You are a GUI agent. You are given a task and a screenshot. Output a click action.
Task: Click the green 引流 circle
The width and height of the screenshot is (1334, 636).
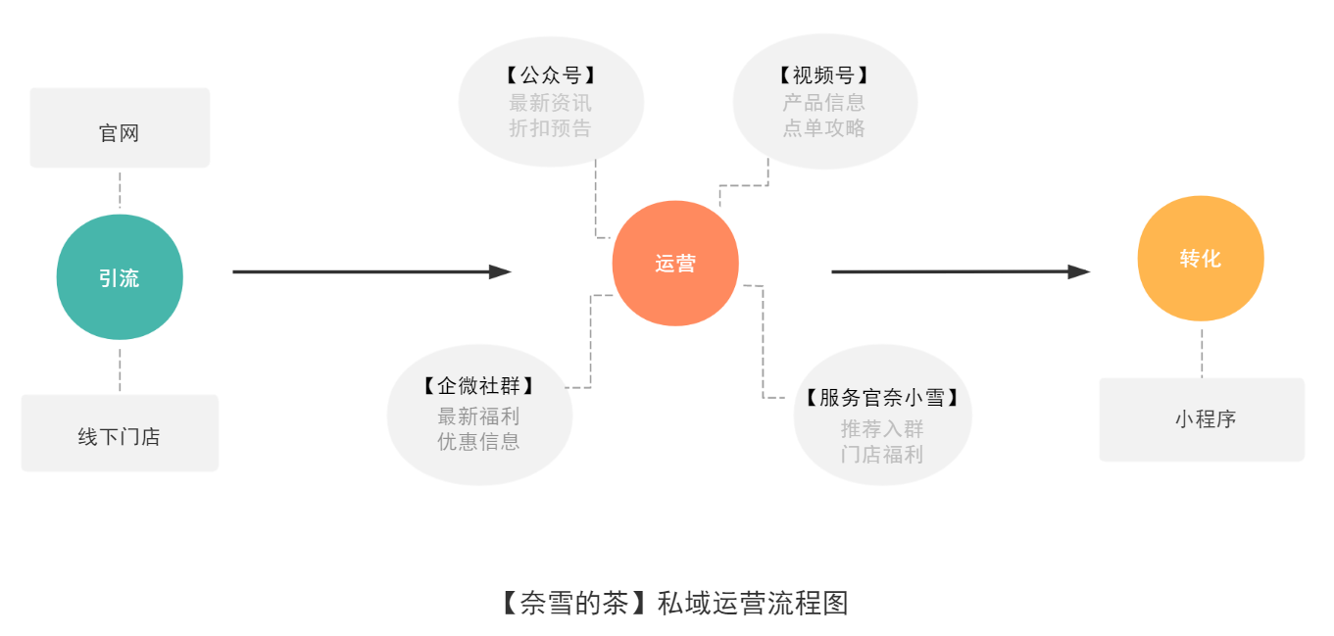[x=120, y=277]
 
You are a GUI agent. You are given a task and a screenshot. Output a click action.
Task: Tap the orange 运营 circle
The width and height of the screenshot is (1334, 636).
[x=675, y=264]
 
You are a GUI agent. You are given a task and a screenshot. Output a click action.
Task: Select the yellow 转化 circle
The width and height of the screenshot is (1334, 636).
[x=1201, y=259]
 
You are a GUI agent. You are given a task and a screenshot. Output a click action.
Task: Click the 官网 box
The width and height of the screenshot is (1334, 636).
[x=120, y=128]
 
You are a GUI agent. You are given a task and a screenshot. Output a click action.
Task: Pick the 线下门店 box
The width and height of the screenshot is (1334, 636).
[x=120, y=433]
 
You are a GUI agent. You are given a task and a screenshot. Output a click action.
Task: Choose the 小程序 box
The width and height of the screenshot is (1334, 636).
[x=1202, y=419]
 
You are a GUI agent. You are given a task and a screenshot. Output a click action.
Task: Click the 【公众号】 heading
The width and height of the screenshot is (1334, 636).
[x=551, y=76]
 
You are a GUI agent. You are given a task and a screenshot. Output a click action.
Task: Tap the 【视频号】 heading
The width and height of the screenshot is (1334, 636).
[x=824, y=76]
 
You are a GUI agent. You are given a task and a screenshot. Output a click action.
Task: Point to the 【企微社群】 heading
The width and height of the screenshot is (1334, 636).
[x=479, y=387]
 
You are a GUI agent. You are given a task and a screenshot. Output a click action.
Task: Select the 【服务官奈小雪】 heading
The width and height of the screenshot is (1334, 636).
[x=881, y=398]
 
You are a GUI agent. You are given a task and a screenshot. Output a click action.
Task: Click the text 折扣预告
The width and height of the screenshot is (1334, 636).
[x=551, y=128]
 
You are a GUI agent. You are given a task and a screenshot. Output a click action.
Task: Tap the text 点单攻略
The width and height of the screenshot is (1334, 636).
[x=824, y=128]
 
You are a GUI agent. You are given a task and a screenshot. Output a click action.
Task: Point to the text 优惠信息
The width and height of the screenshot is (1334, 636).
[x=479, y=441]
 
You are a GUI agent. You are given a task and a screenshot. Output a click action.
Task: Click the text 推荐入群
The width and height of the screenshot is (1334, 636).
[x=882, y=429]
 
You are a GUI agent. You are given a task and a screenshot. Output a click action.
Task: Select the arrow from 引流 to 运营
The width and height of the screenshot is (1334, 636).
[x=371, y=271]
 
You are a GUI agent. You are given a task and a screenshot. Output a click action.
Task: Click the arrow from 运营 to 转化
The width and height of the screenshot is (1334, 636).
[x=961, y=271]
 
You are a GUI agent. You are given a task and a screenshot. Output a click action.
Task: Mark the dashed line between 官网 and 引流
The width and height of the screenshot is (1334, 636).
[x=120, y=190]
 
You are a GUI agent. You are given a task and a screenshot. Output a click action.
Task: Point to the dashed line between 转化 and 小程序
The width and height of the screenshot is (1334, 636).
[x=1202, y=353]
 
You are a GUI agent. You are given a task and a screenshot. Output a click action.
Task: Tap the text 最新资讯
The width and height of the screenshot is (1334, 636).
[x=551, y=103]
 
